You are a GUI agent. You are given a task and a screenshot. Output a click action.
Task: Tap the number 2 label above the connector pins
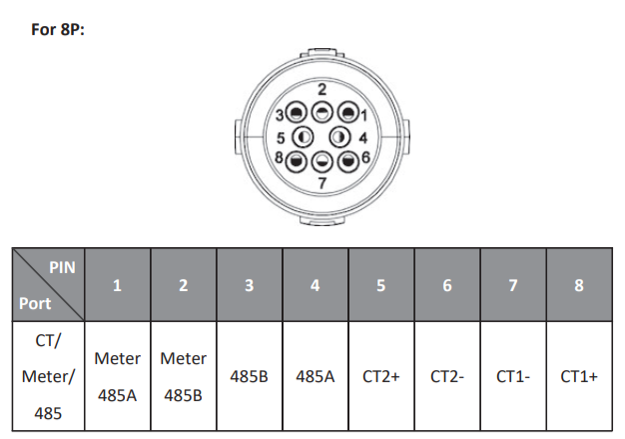point(321,89)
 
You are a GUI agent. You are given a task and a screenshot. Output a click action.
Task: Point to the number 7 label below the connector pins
point(321,183)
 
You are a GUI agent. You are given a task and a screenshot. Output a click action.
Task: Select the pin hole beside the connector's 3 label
point(297,113)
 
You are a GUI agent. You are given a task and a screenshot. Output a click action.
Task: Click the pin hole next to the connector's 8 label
point(297,159)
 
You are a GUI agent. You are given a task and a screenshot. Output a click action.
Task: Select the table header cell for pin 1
point(117,285)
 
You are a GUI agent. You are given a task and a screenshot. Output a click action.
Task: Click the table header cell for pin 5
point(380,285)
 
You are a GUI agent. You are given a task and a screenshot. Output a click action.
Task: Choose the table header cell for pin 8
point(579,285)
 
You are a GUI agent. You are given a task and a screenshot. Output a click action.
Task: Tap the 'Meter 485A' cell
point(117,376)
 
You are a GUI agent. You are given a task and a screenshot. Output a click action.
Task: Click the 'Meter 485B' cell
point(183,376)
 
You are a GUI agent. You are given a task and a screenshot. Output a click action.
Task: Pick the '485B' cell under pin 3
point(249,377)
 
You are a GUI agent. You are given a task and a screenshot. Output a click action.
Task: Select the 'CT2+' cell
point(380,377)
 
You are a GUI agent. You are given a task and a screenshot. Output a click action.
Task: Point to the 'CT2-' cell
point(446,377)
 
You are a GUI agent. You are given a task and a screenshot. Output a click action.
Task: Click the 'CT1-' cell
point(513,377)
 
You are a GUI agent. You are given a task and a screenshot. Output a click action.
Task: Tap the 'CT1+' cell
point(579,377)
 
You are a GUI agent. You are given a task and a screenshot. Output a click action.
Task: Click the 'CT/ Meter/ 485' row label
point(48,376)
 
